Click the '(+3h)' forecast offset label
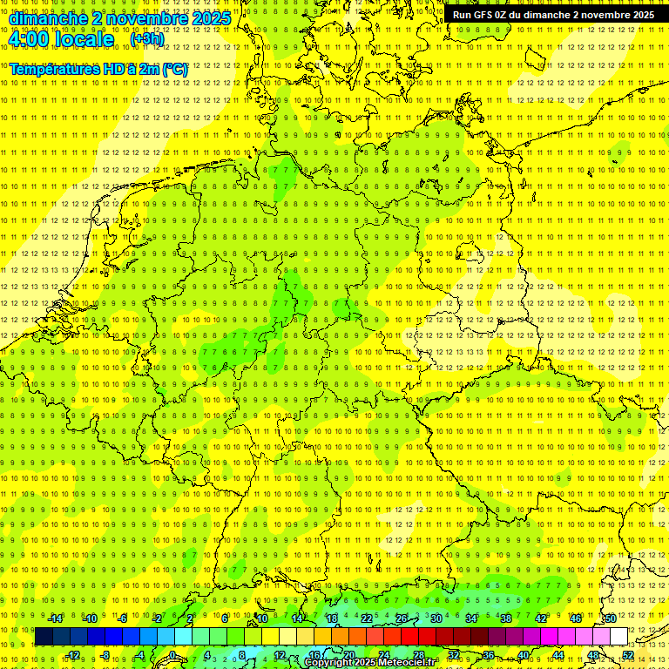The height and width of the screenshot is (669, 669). [146, 39]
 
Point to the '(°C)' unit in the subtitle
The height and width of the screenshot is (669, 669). [173, 68]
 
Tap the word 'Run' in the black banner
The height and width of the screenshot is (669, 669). [462, 15]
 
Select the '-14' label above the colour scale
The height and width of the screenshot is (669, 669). [55, 618]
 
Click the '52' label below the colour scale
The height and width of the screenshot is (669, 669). [628, 655]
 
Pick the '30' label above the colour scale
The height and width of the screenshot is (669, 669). [436, 618]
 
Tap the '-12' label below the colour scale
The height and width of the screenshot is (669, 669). [72, 655]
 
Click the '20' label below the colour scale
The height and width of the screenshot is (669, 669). [349, 655]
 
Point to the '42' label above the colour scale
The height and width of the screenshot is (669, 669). [540, 618]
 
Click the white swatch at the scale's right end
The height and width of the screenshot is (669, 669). [618, 637]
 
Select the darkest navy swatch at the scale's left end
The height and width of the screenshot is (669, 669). [44, 637]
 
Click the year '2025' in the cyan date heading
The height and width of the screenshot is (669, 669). [211, 18]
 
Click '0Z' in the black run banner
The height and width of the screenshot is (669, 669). [503, 15]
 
